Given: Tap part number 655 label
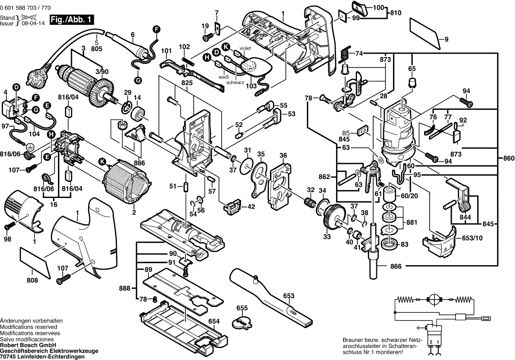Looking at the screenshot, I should pyautogui.click(x=242, y=308).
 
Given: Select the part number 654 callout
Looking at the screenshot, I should pyautogui.click(x=214, y=321).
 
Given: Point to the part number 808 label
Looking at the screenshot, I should pyautogui.click(x=32, y=280).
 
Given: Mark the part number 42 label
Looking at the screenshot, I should pyautogui.click(x=251, y=206).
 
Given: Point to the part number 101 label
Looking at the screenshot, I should pyautogui.click(x=167, y=51).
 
